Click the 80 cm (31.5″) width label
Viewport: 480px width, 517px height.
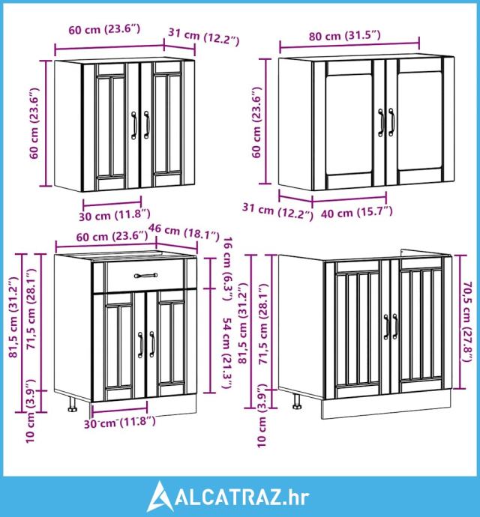pyautogui.click(x=345, y=35)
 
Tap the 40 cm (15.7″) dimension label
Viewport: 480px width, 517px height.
pyautogui.click(x=357, y=212)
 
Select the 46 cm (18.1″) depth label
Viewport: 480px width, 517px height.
pyautogui.click(x=184, y=232)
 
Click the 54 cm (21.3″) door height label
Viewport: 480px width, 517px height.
pyautogui.click(x=227, y=353)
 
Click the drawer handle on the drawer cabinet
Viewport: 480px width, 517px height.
pyautogui.click(x=145, y=275)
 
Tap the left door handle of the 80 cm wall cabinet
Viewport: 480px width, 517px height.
pyautogui.click(x=381, y=123)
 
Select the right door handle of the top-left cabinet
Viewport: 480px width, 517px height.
pyautogui.click(x=146, y=124)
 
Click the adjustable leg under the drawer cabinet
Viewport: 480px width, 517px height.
pyautogui.click(x=72, y=405)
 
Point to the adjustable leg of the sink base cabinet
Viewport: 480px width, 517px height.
pyautogui.click(x=297, y=402)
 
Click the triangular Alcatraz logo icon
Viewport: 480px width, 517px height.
pyautogui.click(x=160, y=497)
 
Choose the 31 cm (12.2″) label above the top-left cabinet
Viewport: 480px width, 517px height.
pyautogui.click(x=204, y=36)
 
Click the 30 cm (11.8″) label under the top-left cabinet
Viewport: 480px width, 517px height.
pyautogui.click(x=115, y=215)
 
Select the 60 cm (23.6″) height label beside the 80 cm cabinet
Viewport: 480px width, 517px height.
pyautogui.click(x=256, y=122)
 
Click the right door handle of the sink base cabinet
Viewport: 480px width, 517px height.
pyautogui.click(x=395, y=327)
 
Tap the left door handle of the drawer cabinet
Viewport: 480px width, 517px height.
pyautogui.click(x=140, y=345)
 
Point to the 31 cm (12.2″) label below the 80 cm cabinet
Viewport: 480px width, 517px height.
pyautogui.click(x=277, y=211)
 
